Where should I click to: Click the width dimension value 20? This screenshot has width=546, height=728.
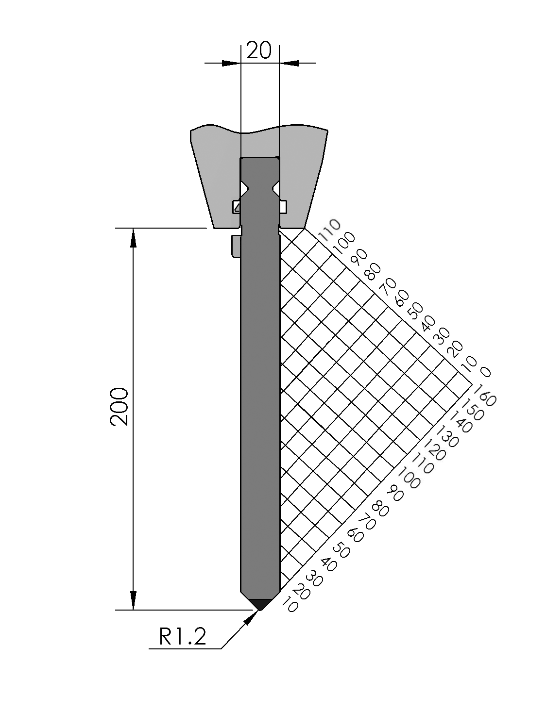[258, 50]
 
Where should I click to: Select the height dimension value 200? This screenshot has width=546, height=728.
[119, 406]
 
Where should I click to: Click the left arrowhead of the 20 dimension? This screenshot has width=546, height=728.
[231, 63]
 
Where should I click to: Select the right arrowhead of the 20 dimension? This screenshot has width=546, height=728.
[289, 63]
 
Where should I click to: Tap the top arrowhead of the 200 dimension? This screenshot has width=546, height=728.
[133, 238]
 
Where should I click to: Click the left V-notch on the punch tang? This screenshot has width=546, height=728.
[244, 189]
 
